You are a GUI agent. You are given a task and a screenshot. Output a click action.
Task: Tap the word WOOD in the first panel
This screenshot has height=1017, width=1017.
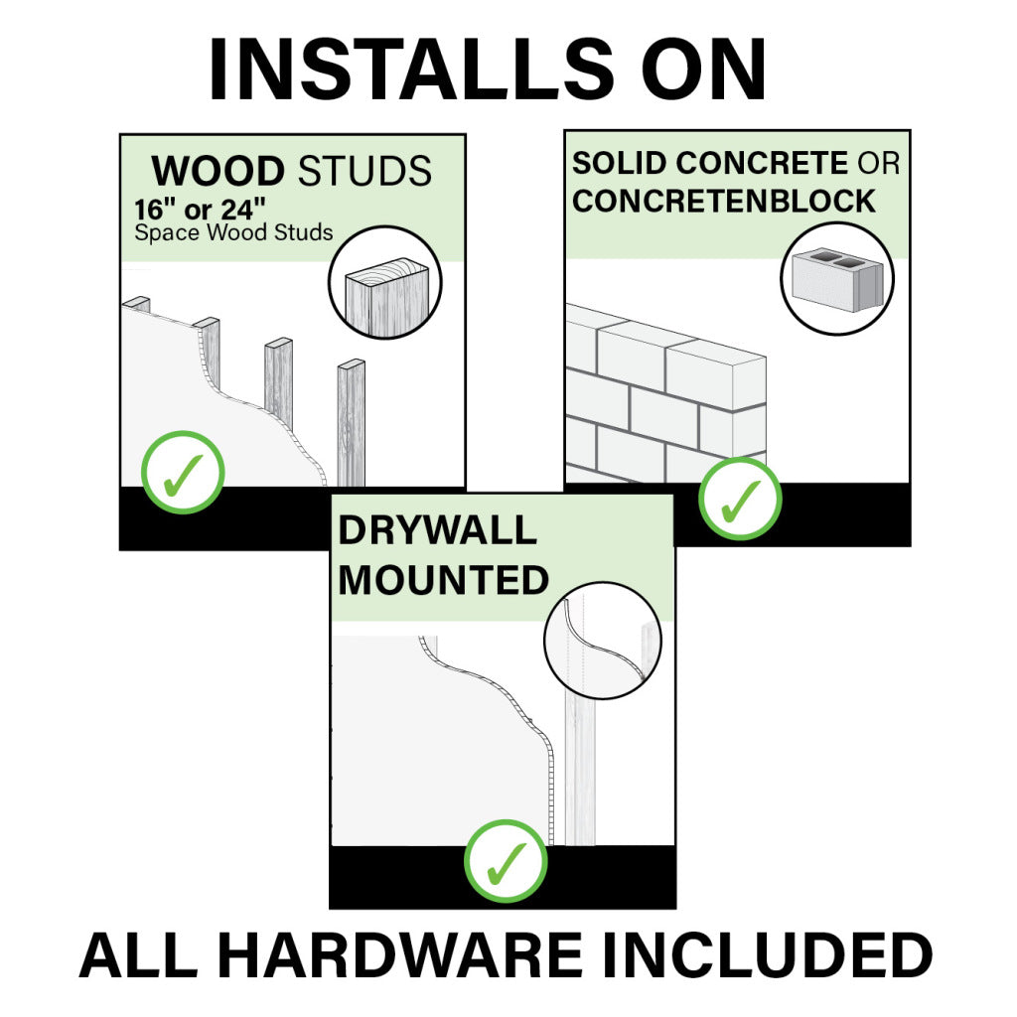[218, 171]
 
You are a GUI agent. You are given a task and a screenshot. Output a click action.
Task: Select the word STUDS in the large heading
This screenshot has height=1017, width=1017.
[365, 171]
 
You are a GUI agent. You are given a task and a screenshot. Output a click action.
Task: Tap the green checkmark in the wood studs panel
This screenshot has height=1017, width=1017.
[183, 472]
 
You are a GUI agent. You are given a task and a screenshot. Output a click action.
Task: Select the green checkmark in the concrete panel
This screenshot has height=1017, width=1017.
[740, 498]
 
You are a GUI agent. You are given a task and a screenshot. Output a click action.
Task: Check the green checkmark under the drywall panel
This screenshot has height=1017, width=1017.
[506, 860]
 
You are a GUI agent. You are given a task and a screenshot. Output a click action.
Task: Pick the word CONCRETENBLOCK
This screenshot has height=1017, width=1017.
[724, 201]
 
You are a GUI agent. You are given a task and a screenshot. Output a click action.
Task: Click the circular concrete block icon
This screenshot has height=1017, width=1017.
[836, 278]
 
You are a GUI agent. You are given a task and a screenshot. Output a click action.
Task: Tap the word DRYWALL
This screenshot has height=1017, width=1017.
[437, 530]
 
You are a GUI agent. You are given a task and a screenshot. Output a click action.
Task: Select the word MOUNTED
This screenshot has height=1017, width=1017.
[443, 580]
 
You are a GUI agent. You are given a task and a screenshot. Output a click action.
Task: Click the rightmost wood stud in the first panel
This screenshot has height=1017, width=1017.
[352, 422]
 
